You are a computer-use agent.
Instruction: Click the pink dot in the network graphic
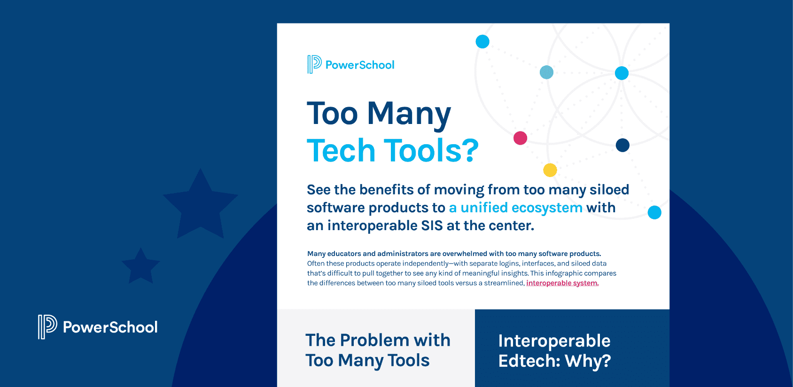[x=520, y=138]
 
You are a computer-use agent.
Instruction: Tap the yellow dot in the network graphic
[x=550, y=170]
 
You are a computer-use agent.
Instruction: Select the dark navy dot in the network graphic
[x=622, y=145]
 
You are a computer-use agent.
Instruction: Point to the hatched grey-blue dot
[x=546, y=72]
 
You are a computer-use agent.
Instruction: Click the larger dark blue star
[x=201, y=205]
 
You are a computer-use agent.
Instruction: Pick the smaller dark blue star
[x=141, y=266]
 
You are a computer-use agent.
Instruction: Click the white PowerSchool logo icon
[x=47, y=326]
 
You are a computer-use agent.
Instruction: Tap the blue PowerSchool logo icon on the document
[x=314, y=64]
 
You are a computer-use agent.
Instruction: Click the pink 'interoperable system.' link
[x=562, y=283]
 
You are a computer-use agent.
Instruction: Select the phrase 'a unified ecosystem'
[x=515, y=208]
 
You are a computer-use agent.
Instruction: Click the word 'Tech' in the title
[x=342, y=151]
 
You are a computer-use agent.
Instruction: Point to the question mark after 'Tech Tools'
[x=468, y=151]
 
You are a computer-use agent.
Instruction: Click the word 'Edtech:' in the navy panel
[x=529, y=361]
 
